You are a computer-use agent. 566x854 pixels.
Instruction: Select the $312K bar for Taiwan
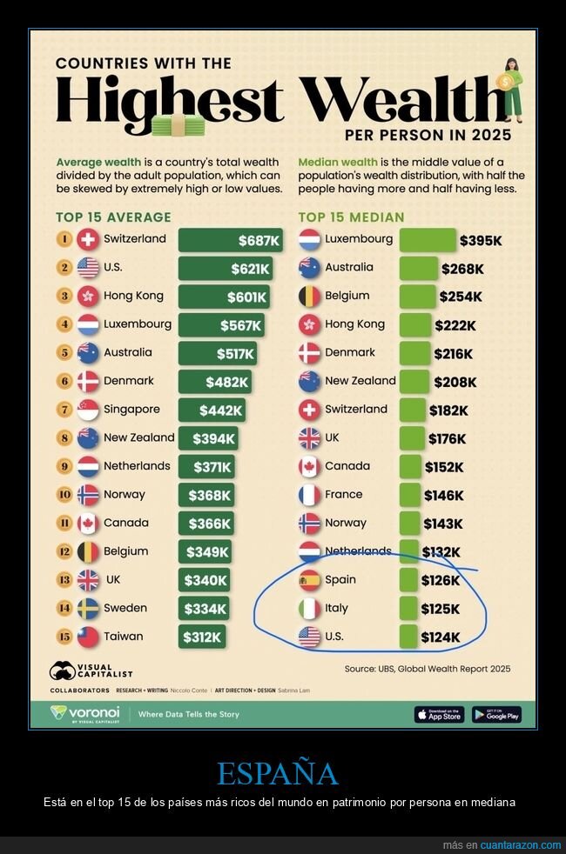tap(203, 637)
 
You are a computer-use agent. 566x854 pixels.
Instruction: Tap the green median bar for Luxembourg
tap(427, 240)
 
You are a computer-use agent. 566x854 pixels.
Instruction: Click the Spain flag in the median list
tap(309, 580)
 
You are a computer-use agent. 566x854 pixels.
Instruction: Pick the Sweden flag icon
tap(88, 609)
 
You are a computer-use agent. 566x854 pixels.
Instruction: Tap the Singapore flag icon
tap(88, 410)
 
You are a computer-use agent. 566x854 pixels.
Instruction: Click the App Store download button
tap(439, 714)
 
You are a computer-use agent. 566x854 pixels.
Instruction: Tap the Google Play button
tap(496, 714)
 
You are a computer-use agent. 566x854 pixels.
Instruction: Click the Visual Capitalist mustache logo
tap(64, 671)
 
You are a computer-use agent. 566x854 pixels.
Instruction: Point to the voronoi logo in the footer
tap(85, 714)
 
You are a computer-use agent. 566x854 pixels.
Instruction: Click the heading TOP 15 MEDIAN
tap(351, 217)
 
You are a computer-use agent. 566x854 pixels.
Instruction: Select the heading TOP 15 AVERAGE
tap(113, 217)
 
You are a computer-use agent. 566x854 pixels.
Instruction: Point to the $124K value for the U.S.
tap(441, 637)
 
